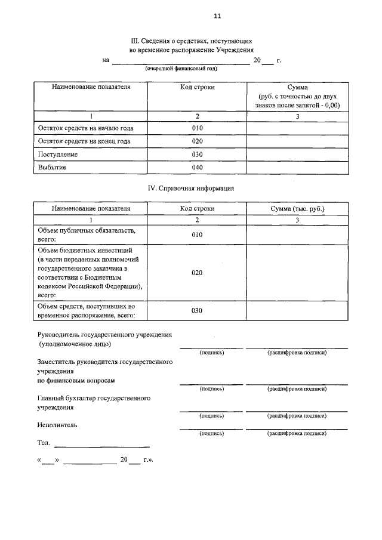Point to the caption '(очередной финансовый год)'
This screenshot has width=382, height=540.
(181, 69)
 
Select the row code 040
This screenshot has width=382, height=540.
(198, 168)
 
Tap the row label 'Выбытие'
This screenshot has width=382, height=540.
(52, 168)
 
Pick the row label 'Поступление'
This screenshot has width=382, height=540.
(58, 155)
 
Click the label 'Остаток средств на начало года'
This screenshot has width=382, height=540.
(85, 128)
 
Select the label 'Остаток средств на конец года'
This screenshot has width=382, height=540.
(84, 141)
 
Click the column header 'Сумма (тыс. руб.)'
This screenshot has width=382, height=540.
(297, 208)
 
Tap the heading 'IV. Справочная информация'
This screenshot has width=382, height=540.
(190, 188)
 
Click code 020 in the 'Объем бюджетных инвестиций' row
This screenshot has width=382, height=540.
(198, 273)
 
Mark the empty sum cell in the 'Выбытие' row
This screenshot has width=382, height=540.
(297, 168)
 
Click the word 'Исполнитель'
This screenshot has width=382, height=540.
(57, 425)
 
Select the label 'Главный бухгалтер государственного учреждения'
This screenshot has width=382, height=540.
(93, 402)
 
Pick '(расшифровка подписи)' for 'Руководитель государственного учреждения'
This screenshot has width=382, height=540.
(297, 353)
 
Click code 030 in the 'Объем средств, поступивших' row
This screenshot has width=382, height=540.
(198, 311)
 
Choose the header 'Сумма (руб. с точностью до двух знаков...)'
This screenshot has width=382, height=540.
(297, 96)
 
